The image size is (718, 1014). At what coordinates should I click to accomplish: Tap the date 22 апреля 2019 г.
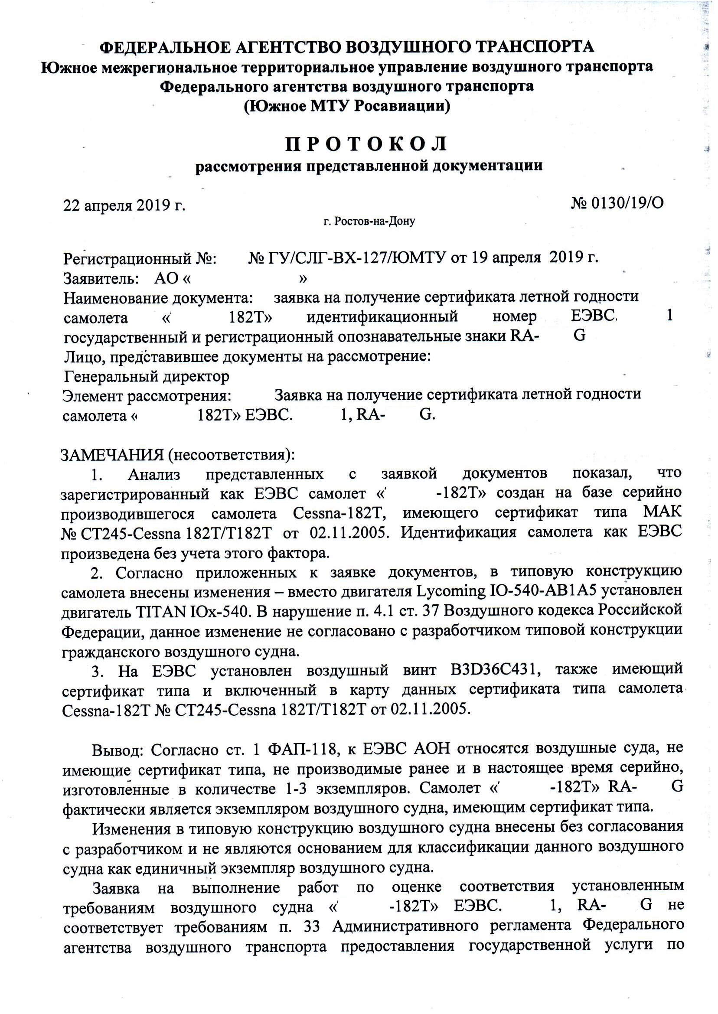coord(124,206)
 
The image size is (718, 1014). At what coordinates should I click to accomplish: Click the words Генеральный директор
coord(147,377)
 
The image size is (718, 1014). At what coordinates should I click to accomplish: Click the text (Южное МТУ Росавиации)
coord(347,106)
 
